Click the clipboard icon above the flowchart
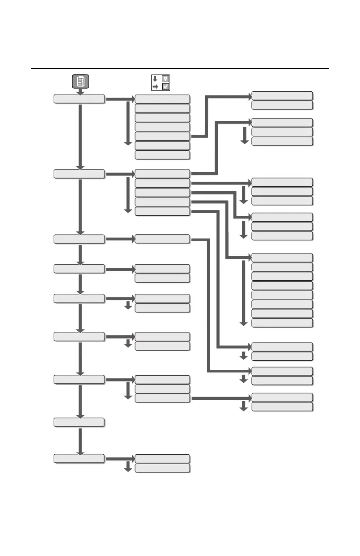coord(80,81)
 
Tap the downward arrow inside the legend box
coord(155,78)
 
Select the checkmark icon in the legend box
coord(165,86)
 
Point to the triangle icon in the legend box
coord(165,78)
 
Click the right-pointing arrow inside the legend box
coord(155,86)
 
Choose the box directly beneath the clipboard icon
coord(79,99)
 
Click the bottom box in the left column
coord(79,459)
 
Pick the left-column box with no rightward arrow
coord(79,422)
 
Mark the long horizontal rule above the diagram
coord(180,69)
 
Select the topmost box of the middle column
coord(162,99)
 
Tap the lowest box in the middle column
coord(162,468)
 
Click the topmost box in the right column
coord(282,95)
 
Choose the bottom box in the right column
coord(282,407)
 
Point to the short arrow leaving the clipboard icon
coord(80,92)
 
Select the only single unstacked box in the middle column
coord(162,239)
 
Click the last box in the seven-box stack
coord(162,155)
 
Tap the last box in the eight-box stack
coord(282,323)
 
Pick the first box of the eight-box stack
coord(282,258)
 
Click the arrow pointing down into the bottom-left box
coord(80,441)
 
